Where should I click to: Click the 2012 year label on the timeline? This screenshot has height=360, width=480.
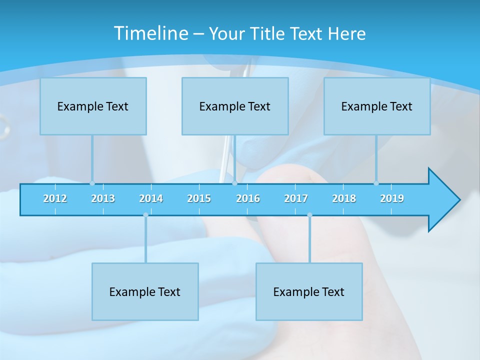55,198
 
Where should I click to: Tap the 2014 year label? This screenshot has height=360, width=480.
151,198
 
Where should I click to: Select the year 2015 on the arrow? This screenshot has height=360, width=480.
199,198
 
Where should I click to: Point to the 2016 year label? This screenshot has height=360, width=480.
248,198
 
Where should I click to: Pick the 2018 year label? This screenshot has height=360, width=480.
344,198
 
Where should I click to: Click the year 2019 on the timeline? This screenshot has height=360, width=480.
392,198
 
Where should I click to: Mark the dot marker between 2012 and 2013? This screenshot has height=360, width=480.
92,183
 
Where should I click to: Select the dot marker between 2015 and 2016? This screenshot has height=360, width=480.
234,183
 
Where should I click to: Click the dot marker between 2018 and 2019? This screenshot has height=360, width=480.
376,183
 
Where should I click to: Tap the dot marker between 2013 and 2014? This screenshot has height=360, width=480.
145,215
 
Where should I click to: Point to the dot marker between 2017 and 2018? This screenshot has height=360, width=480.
309,215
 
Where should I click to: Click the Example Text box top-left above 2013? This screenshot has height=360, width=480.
93,106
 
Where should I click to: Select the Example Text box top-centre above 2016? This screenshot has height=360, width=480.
235,106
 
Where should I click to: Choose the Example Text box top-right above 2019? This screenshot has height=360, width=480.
377,106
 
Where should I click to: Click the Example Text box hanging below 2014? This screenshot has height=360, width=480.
145,291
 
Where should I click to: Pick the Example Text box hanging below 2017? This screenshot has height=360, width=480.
309,291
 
